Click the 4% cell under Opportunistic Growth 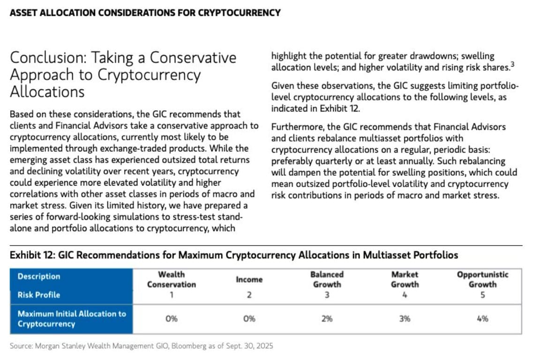click(x=482, y=319)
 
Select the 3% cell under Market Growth click(x=405, y=319)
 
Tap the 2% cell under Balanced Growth click(x=327, y=319)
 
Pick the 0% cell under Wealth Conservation click(x=171, y=319)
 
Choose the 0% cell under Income click(x=249, y=319)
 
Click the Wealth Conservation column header click(x=171, y=279)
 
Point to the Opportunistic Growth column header click(x=482, y=279)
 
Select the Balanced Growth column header click(x=327, y=279)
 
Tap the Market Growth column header click(x=405, y=279)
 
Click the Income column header click(x=249, y=280)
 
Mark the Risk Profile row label click(x=39, y=295)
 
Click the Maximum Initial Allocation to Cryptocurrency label click(x=72, y=319)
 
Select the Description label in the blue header click(x=39, y=277)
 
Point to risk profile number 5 click(x=482, y=295)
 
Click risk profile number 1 click(x=171, y=295)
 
